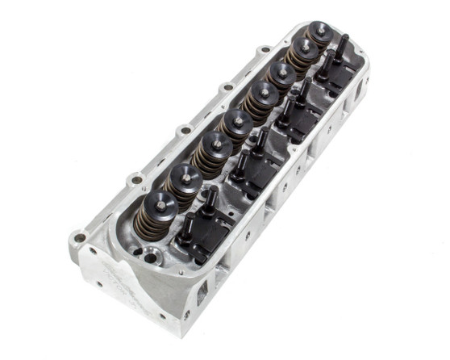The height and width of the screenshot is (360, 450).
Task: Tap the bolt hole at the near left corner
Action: click(x=78, y=237)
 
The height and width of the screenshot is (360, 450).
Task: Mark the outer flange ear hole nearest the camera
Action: click(x=135, y=178)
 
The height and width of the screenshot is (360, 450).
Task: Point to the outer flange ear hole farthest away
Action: click(x=265, y=51)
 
